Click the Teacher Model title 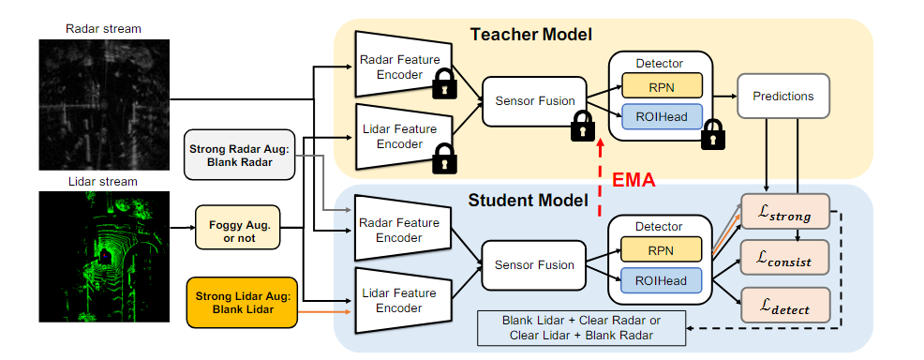tap(530, 35)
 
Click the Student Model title tap(528, 201)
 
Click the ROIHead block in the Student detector tap(662, 280)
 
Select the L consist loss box tap(785, 256)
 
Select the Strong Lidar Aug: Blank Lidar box tap(240, 303)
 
